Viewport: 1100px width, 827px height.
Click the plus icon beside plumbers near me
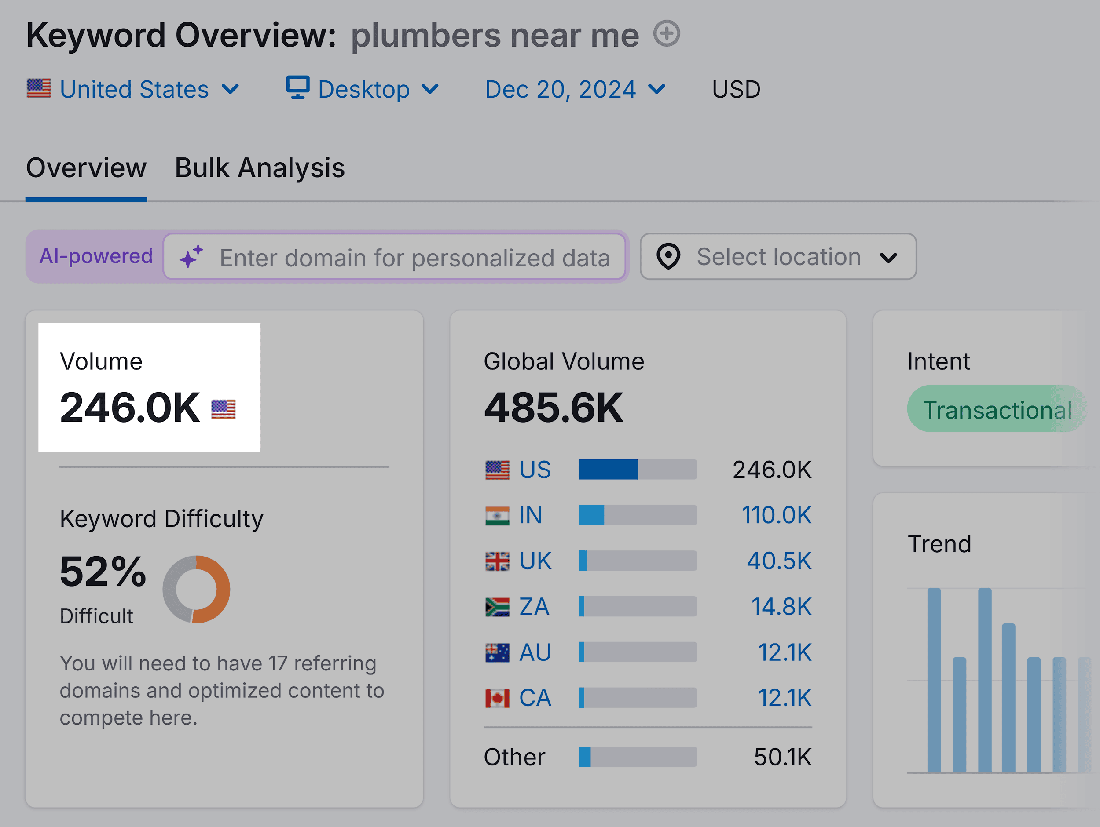[x=666, y=34]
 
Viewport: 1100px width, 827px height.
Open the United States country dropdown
[x=133, y=89]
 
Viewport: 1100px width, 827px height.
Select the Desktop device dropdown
[x=363, y=89]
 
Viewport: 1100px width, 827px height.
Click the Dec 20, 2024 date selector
[x=575, y=89]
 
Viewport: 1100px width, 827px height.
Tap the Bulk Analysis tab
[x=260, y=168]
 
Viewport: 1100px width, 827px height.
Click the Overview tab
[x=86, y=168]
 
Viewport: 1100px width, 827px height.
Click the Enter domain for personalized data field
[x=414, y=258]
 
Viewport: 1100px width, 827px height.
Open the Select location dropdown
[x=778, y=256]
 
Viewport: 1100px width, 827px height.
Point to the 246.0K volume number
[x=130, y=408]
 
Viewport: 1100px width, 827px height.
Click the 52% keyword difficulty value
[x=103, y=571]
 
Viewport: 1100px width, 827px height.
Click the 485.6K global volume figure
[x=553, y=408]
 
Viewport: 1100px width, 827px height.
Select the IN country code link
[x=530, y=515]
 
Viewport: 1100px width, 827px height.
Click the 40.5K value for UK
[x=779, y=561]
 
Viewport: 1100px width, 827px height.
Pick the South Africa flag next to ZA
[x=497, y=606]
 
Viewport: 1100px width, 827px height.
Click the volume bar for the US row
[x=637, y=469]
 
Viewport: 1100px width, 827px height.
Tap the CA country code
[x=535, y=698]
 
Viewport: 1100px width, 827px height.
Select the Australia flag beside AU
[x=497, y=652]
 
